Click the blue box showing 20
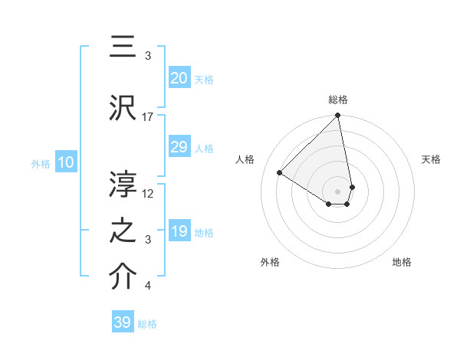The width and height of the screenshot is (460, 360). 179,78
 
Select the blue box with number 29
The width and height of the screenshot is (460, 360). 179,147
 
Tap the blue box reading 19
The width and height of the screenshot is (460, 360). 179,231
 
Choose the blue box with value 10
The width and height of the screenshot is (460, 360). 65,162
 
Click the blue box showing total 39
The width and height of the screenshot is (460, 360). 123,322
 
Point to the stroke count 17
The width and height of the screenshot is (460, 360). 148,116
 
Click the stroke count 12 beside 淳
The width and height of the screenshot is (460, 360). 148,193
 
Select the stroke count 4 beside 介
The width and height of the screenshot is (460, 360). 148,286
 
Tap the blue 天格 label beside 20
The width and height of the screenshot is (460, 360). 204,79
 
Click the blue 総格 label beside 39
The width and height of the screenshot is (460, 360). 147,324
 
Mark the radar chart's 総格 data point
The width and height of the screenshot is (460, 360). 337,116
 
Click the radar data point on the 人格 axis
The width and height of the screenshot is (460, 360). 280,173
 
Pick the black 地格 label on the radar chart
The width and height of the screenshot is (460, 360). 402,262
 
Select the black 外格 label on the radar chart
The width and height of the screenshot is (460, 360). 270,262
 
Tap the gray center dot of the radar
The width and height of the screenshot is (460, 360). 337,191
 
